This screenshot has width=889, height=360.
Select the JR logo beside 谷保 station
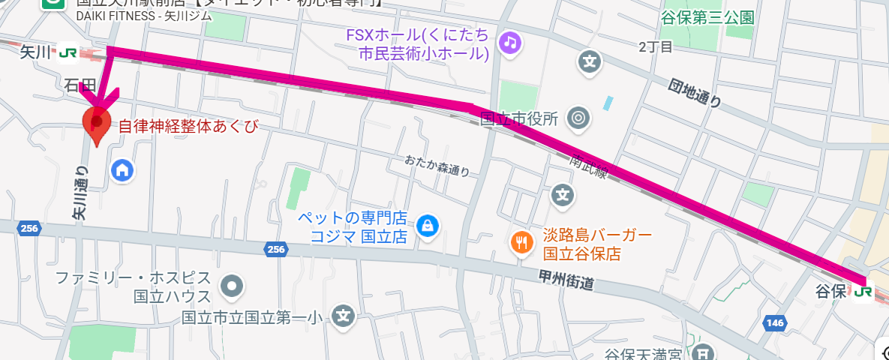coord(865,289)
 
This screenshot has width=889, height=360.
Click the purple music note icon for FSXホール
coord(510,42)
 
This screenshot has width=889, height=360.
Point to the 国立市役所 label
coord(519,118)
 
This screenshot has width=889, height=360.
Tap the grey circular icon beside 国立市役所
coord(578,117)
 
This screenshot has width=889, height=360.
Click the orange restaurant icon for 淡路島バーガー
coord(521,241)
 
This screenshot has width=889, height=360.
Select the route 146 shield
coord(774,322)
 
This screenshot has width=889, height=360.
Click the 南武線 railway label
coord(589,167)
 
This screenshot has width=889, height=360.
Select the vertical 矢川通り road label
coord(80,193)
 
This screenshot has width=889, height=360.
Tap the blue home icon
coord(122,169)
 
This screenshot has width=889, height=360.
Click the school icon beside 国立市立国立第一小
coord(344,316)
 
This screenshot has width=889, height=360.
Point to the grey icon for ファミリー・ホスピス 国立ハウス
coord(231,285)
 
